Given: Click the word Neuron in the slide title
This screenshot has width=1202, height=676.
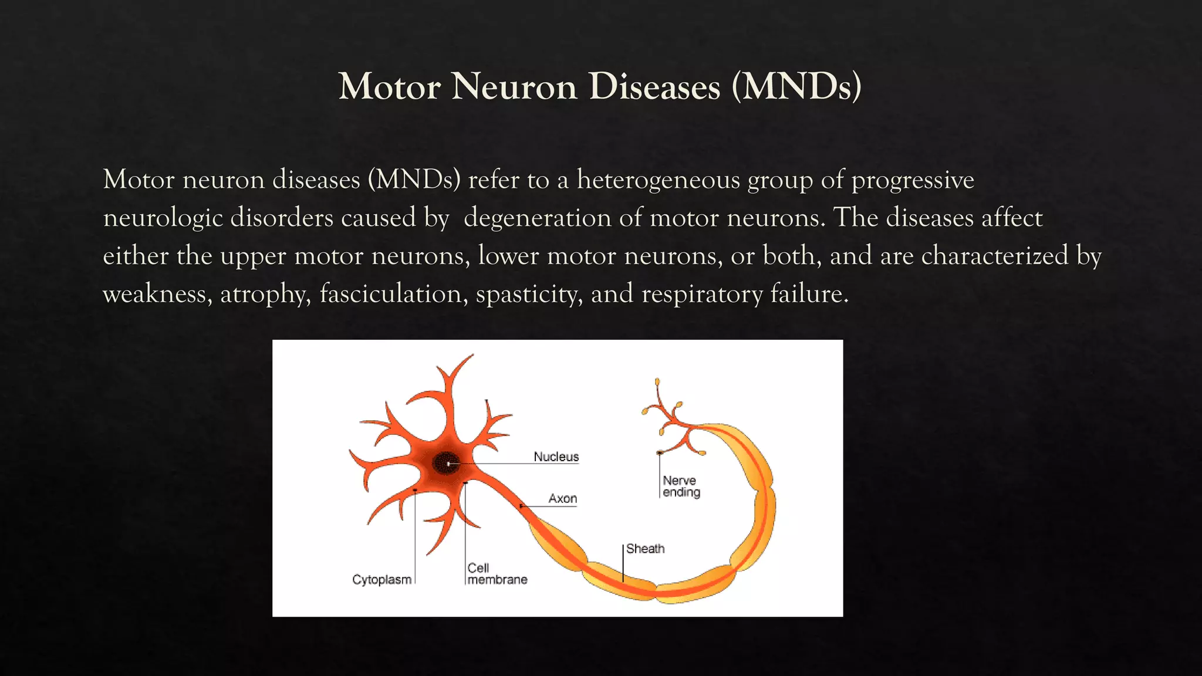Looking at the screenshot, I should (515, 87).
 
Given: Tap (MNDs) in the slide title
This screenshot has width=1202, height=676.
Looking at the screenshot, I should (796, 87).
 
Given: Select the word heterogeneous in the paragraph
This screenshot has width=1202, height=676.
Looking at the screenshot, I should (658, 180).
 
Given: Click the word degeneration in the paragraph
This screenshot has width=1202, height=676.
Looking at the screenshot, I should (537, 218).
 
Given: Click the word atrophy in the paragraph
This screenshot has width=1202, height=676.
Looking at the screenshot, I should (265, 294).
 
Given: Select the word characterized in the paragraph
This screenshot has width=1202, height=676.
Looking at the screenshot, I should (995, 256).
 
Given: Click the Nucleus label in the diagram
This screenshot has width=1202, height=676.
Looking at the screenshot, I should (556, 457).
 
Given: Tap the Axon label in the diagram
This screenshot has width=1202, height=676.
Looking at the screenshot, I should (562, 499).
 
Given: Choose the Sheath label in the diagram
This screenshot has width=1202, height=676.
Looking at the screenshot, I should (645, 549).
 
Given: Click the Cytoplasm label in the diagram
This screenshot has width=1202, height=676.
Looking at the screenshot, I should (381, 580).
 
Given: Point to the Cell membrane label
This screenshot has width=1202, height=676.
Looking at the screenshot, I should (497, 574).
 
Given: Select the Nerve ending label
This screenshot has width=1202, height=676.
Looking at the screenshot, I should (681, 486).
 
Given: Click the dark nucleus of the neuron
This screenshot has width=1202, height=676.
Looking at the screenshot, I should (447, 463).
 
